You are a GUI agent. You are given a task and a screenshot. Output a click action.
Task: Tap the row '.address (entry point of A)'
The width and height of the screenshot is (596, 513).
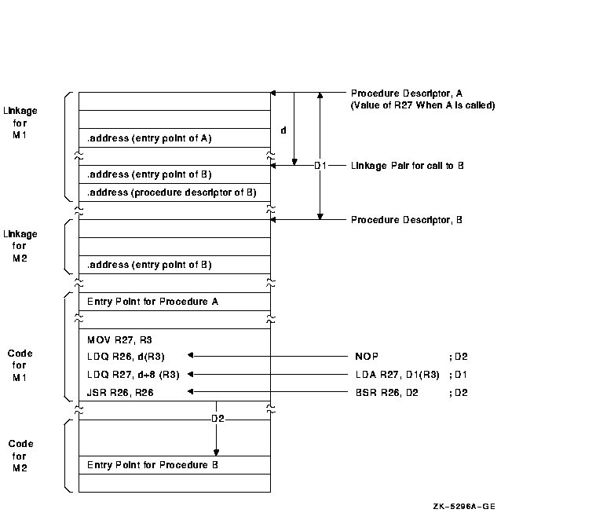coord(149,138)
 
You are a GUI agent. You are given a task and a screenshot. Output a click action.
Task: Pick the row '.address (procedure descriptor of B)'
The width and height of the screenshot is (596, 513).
coord(171,192)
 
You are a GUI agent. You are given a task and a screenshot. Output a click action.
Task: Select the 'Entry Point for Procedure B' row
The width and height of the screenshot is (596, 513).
coord(152,464)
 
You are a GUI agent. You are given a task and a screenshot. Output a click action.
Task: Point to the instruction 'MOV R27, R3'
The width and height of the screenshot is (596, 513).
coord(120,340)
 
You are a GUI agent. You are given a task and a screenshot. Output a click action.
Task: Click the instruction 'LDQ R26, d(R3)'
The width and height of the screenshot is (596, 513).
coord(126,357)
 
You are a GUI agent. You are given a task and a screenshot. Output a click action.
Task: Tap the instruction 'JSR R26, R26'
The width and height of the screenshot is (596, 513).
coord(121,391)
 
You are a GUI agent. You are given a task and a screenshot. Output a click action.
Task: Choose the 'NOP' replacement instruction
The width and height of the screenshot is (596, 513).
coord(366,357)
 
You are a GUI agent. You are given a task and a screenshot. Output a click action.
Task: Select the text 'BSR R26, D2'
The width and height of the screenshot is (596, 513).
coord(386,391)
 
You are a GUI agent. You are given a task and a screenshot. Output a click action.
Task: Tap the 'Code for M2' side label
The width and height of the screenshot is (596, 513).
coord(21,456)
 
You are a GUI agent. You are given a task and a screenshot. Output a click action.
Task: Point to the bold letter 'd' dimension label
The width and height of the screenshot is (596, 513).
coord(283,130)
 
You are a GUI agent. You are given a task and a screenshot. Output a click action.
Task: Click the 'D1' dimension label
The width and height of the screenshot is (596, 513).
coord(320,166)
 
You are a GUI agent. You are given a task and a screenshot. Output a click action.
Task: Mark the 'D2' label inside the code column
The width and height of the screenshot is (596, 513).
coord(218,419)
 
